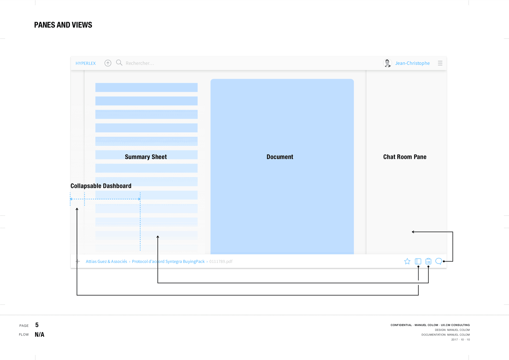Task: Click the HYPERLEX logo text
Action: (86, 63)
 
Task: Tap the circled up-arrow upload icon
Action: (108, 63)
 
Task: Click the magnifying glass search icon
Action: (119, 63)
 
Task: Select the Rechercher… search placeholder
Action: (140, 63)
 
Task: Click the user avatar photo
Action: (388, 63)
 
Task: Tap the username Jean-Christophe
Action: (412, 63)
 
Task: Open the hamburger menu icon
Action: (440, 63)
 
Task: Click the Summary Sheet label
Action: (146, 157)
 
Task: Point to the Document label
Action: (280, 157)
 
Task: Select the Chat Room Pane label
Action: (405, 157)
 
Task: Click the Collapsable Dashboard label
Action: (101, 186)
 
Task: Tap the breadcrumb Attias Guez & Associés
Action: (106, 261)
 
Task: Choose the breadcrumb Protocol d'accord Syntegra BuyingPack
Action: (168, 261)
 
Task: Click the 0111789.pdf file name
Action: (221, 261)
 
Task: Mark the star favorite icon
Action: (407, 261)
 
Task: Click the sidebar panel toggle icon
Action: (418, 261)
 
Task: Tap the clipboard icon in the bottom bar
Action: (428, 261)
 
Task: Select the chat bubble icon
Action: (439, 261)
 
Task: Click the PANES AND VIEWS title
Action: (63, 25)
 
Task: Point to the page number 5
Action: (37, 325)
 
